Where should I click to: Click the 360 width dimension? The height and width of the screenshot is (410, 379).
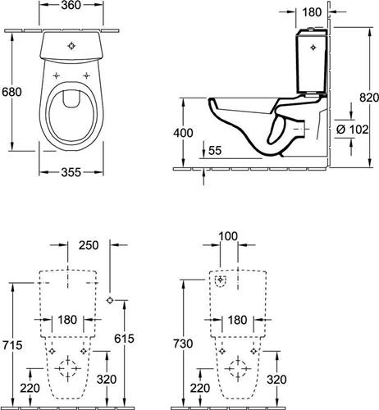(x=71, y=5)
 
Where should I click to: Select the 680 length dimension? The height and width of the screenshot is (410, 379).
(x=11, y=92)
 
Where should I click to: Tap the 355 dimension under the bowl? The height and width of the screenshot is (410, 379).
(x=71, y=172)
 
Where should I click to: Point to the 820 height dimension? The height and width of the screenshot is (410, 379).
(x=369, y=98)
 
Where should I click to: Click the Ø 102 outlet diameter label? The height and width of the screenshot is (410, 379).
(x=352, y=130)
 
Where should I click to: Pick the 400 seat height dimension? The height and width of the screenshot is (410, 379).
(x=183, y=133)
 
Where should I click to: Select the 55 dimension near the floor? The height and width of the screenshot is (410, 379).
(x=215, y=150)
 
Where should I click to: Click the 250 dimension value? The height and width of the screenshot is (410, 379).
(x=89, y=245)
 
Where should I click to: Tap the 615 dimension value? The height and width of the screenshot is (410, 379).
(x=124, y=339)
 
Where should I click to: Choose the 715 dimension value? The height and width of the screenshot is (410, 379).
(x=12, y=345)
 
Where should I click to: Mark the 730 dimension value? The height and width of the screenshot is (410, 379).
(x=183, y=344)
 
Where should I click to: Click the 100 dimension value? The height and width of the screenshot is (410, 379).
(x=228, y=236)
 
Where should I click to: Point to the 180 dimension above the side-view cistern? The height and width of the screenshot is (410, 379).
(x=312, y=12)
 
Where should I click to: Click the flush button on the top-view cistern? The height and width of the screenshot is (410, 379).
(x=71, y=46)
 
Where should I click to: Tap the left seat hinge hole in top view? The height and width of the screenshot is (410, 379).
(x=56, y=75)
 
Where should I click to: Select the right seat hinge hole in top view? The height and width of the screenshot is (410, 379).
(x=87, y=75)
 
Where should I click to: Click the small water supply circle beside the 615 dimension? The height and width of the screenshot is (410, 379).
(x=110, y=300)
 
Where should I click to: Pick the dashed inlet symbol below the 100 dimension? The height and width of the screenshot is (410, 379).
(x=221, y=280)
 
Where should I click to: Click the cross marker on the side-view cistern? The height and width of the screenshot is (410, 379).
(x=313, y=48)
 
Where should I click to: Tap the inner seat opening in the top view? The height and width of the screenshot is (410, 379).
(x=71, y=116)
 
